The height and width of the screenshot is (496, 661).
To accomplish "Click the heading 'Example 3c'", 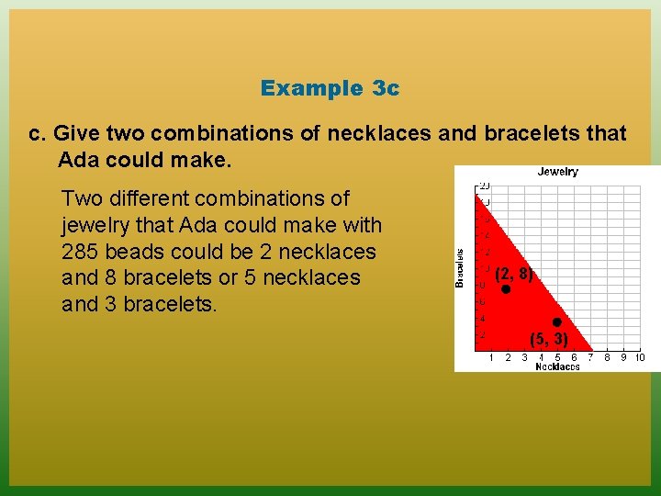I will pos(330,88).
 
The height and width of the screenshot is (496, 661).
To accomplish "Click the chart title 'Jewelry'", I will pos(557,172).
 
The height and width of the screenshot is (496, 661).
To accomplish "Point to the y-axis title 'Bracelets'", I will pos(461,266).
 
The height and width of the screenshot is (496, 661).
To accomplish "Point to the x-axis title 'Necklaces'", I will pos(557,366).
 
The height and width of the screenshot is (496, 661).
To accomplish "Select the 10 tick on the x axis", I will pos(639,357).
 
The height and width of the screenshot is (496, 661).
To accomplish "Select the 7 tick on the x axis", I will pos(590,357).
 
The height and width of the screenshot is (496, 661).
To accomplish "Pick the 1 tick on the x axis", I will pos(491,357).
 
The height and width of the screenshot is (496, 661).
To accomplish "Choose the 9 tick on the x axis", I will pos(623,357).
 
